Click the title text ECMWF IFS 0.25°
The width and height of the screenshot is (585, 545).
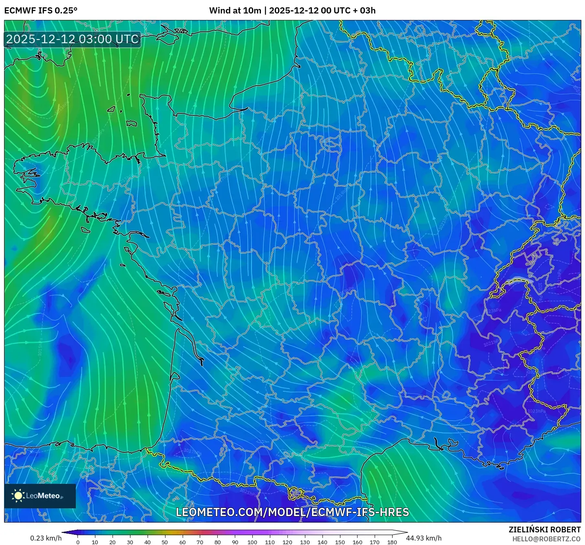pos(41,11)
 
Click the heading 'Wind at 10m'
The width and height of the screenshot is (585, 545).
pos(235,11)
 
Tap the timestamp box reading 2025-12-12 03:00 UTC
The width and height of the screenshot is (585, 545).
pos(73,40)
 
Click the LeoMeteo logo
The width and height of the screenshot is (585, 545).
pos(40,496)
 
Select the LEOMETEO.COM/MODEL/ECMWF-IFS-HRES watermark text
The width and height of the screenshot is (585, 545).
pos(292,512)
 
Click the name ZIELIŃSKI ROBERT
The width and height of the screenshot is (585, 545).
pos(545,530)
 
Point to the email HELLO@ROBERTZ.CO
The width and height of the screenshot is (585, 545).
pos(546,539)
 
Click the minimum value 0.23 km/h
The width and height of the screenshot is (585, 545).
pos(46,538)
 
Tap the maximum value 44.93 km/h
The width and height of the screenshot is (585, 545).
pos(424,538)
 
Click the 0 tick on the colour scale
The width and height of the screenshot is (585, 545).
pos(78,542)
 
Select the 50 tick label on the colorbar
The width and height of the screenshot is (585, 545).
pos(165,542)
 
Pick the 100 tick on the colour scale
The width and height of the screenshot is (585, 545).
pos(252,542)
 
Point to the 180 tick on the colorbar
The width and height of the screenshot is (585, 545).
pos(392,542)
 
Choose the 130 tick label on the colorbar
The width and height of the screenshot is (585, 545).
pos(305,542)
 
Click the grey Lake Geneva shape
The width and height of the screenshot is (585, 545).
pos(519,280)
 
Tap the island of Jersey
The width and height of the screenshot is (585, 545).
pos(131,123)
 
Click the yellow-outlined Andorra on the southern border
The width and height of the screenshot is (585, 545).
pos(295,494)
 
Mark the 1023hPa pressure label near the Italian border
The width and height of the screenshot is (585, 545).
pos(536,411)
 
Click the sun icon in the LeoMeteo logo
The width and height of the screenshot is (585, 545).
pos(18,496)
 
